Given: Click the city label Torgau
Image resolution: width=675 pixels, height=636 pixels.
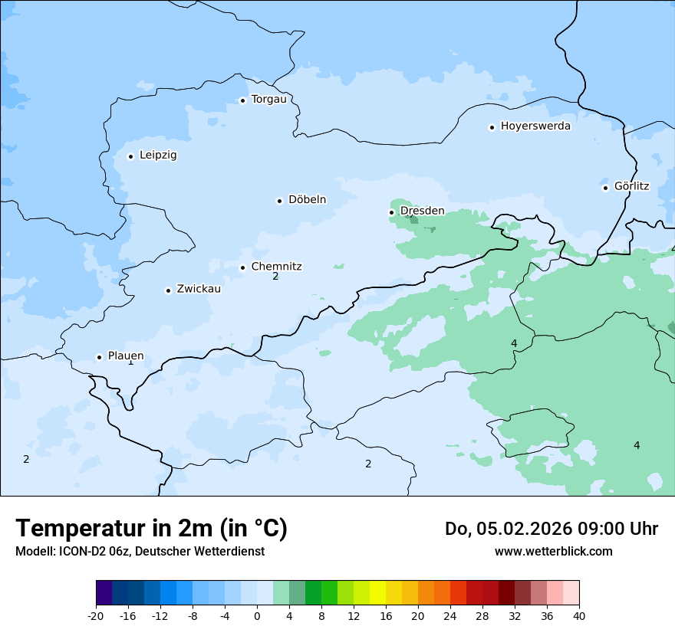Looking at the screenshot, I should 268,100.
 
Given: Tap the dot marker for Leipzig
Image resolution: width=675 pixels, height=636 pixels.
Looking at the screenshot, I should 130,156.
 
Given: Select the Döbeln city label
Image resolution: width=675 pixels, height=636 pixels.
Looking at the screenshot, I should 307,200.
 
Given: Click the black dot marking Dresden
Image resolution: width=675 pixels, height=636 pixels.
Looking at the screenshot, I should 391,212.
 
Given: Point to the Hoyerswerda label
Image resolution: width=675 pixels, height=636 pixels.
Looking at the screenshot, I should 535,126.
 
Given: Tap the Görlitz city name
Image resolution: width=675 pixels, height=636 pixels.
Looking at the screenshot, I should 631,186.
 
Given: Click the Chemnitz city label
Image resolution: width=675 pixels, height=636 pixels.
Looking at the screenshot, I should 276,267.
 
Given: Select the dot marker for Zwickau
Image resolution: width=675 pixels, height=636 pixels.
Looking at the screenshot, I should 168,290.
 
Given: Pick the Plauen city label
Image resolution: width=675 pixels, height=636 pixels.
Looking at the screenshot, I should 125,356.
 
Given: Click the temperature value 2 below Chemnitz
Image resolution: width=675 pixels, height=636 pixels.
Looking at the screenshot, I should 275,277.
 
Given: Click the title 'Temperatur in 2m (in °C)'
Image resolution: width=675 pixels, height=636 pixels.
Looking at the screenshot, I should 151,528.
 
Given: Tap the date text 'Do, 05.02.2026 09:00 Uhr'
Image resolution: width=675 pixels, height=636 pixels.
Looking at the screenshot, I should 552,529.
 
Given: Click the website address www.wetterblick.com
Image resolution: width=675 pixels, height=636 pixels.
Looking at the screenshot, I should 553,552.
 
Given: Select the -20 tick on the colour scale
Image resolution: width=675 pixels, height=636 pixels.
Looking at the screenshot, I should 96,616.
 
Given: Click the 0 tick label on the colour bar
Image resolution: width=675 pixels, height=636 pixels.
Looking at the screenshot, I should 257,616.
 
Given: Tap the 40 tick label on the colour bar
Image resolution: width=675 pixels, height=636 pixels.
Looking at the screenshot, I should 579,616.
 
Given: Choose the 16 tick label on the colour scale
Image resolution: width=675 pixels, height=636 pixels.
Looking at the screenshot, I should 386,616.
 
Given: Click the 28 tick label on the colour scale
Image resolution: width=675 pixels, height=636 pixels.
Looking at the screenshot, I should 482,616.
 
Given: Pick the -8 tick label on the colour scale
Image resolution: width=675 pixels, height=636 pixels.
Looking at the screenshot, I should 193,616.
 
